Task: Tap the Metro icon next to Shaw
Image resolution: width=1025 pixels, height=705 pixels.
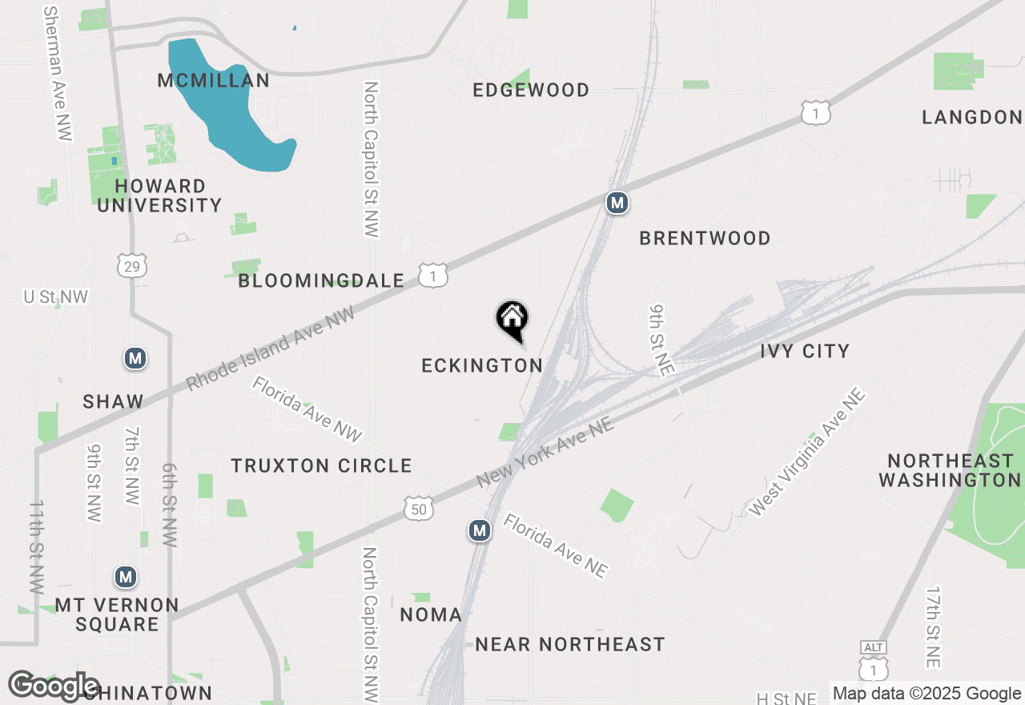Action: point(135,358)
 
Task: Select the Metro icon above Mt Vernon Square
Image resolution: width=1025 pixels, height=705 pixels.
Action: point(125,577)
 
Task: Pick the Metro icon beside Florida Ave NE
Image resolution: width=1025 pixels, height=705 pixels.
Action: point(480,530)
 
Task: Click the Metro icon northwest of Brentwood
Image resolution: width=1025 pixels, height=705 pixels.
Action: point(617,203)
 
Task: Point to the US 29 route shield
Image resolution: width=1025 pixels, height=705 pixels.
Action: point(131,265)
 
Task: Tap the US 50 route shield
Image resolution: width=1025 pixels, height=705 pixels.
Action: point(419,508)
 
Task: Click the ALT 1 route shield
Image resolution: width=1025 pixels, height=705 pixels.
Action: point(873,663)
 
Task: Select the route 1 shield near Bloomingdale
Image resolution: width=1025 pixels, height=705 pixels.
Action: point(433,276)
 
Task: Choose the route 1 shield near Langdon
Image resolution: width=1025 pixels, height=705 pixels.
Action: point(815,113)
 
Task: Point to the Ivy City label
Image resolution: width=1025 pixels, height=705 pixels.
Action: point(805,351)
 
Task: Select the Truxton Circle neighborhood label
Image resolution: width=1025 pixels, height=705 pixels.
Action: point(321,465)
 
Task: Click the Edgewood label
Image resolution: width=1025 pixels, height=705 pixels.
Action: point(531,90)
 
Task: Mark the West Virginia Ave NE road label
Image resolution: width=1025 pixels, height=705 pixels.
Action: point(807,453)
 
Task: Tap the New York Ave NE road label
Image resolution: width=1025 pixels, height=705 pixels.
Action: point(545,452)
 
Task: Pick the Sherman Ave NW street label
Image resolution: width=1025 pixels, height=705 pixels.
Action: point(58,74)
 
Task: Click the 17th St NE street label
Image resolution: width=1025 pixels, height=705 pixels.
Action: point(933,627)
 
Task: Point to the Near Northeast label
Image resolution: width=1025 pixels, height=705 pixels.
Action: point(570,644)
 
